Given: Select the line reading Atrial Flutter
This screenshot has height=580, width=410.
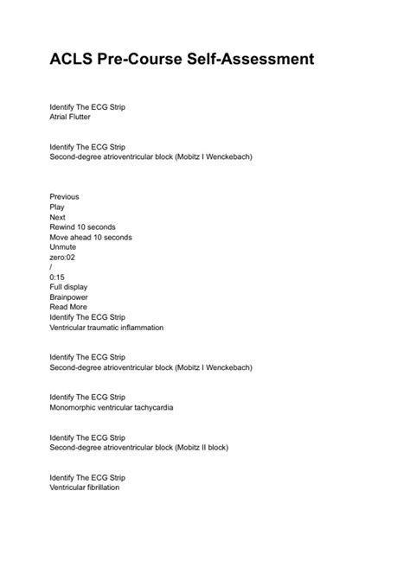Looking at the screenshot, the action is click(70, 117).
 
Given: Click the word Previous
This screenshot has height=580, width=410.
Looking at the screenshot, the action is click(65, 196).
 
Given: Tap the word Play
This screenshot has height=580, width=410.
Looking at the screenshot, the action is click(57, 207).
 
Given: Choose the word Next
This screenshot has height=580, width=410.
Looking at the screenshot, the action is click(58, 217).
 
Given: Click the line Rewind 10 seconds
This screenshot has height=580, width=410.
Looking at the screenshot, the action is click(82, 226).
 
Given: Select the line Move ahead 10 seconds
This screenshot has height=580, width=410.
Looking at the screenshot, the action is click(91, 237).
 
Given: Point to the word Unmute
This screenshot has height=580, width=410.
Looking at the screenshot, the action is click(63, 246).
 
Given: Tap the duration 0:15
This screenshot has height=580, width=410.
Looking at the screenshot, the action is click(58, 277).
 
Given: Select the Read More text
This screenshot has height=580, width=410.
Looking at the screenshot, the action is click(68, 307).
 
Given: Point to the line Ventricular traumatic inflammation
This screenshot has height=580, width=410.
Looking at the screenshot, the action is click(106, 328).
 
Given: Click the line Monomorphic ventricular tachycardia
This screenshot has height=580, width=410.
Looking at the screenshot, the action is click(111, 407).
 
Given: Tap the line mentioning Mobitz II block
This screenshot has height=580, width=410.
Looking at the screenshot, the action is click(151, 447).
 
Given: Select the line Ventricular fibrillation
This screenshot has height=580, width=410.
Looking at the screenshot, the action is click(85, 487).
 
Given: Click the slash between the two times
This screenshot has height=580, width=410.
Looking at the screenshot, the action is click(51, 267).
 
